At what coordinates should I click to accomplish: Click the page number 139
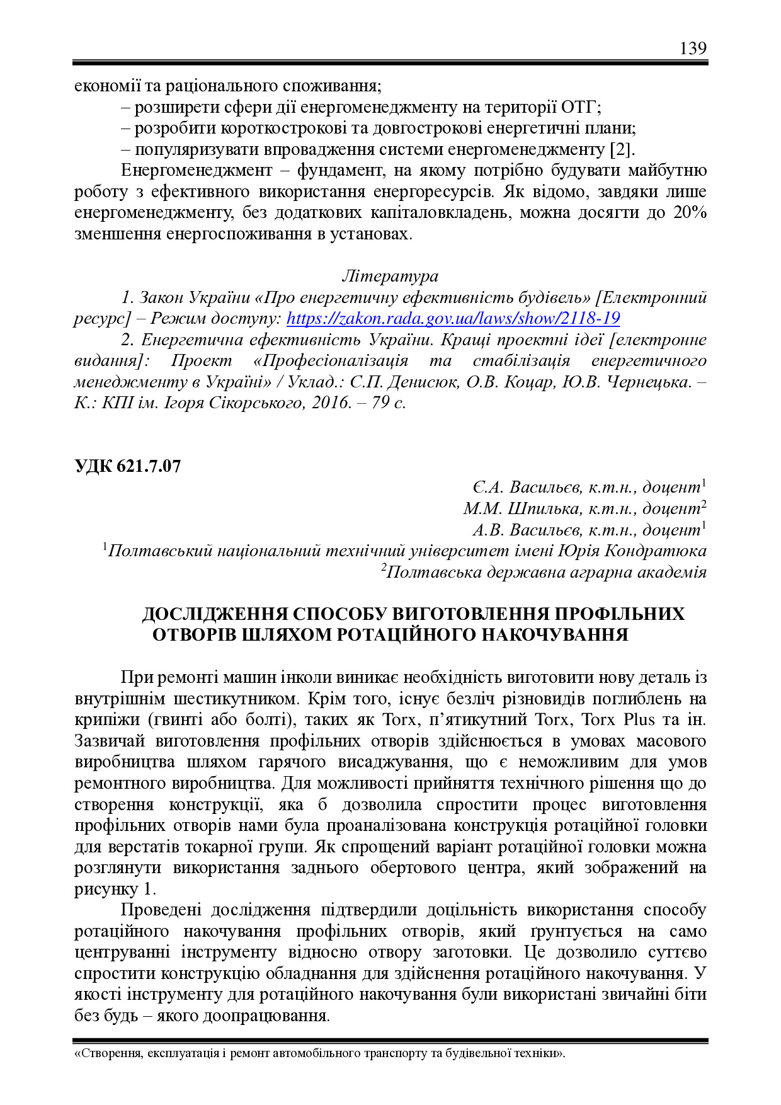click(693, 49)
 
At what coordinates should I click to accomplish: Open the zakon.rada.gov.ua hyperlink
click(453, 318)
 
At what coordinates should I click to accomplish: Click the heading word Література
click(390, 276)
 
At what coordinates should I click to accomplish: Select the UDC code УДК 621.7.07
click(128, 466)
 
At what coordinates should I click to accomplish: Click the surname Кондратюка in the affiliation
click(656, 551)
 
